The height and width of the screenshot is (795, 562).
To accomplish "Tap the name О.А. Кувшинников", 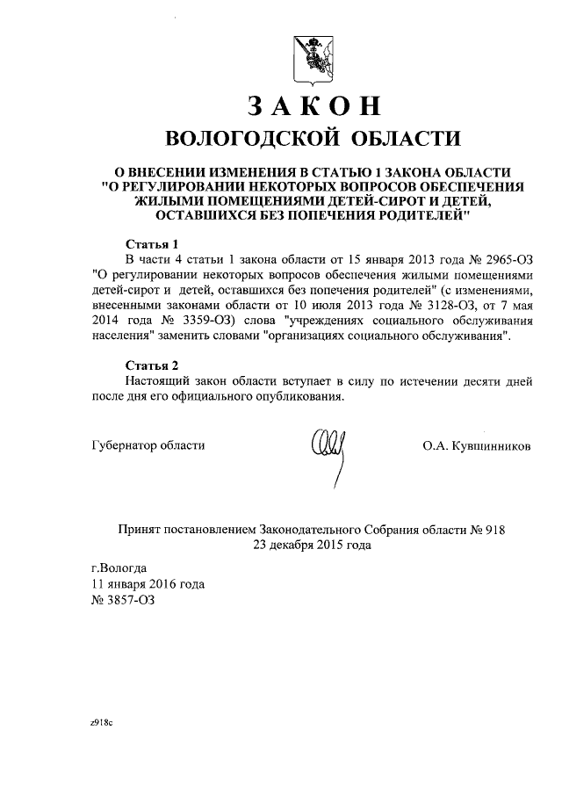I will (x=477, y=445).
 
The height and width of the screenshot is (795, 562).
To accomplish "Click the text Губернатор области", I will (x=148, y=445).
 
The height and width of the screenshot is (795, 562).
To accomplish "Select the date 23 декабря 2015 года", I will (x=312, y=545).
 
